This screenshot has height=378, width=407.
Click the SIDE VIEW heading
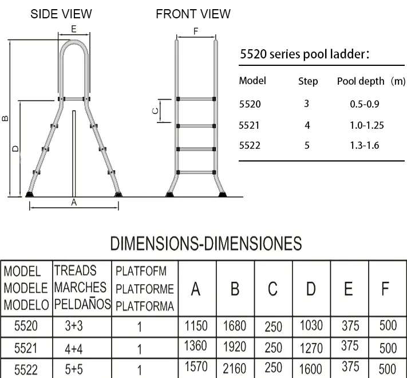click(61, 14)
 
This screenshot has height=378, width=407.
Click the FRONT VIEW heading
click(193, 14)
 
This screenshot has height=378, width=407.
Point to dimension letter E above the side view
click(74, 29)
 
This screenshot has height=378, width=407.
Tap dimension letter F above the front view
click(196, 31)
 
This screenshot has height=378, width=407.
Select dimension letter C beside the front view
click(155, 111)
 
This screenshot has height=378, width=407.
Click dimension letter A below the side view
click(74, 202)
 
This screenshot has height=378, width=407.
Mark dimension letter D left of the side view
click(15, 148)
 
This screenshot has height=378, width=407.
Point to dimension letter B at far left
click(5, 119)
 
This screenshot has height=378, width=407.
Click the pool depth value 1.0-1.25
click(366, 125)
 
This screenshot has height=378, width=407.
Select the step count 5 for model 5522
click(307, 145)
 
